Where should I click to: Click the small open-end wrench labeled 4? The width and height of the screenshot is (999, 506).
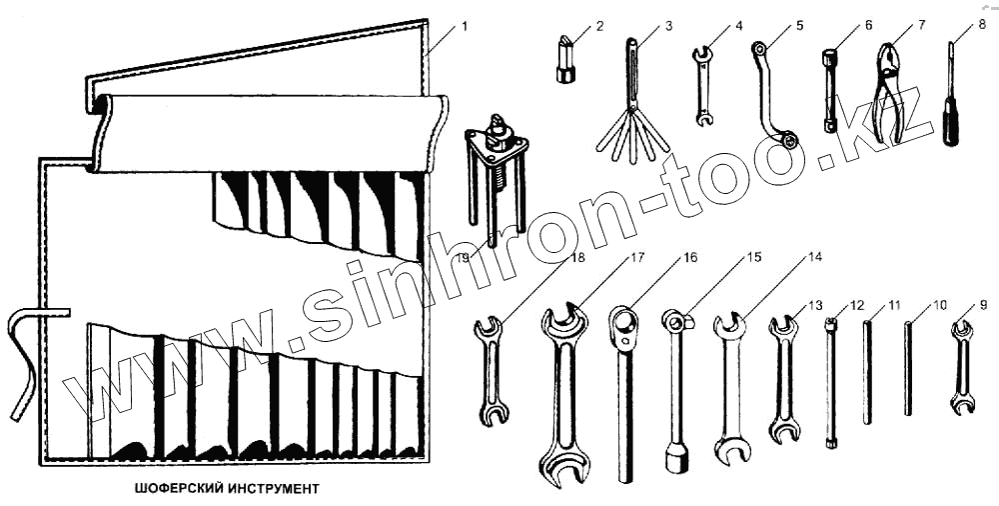703,86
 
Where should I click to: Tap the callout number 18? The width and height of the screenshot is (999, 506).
576,258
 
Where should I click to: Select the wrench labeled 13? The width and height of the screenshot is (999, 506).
783,380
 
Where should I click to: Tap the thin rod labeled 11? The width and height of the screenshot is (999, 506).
867,370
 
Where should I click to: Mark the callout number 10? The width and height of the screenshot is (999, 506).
939,304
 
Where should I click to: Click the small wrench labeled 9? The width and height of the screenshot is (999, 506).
961,367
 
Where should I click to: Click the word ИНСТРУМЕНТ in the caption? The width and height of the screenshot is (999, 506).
267,490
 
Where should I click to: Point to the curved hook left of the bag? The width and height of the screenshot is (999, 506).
22,360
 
